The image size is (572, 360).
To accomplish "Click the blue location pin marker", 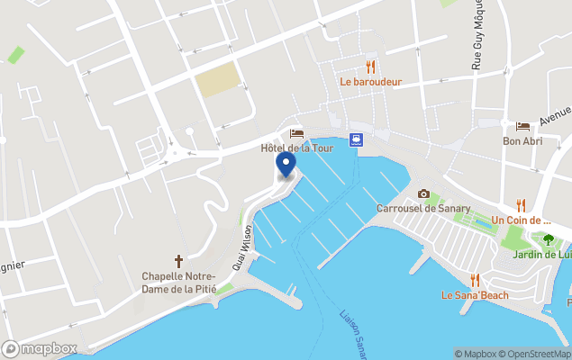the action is (x=286, y=165).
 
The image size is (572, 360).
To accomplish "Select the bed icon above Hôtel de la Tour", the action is (x=296, y=133).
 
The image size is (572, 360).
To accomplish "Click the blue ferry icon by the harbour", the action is (x=358, y=139).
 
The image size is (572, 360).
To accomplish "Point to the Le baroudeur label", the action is (x=370, y=81).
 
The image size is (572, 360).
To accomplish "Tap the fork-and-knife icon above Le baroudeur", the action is (x=370, y=67).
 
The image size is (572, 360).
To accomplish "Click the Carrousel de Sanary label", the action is (x=422, y=209).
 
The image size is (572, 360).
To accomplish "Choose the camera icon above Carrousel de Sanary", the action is (x=423, y=193).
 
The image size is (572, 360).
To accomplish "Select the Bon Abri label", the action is (x=522, y=141).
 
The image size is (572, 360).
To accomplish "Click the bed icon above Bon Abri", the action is (x=522, y=126).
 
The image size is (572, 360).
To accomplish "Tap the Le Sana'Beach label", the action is (x=475, y=295).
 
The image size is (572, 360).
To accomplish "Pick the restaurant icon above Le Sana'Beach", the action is (x=475, y=280).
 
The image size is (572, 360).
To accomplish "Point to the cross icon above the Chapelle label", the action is (x=178, y=260).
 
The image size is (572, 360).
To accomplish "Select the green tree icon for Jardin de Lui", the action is (x=548, y=239).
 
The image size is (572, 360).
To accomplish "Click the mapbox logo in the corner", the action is (x=40, y=348).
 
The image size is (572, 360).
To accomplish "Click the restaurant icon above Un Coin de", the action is (x=521, y=205).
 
